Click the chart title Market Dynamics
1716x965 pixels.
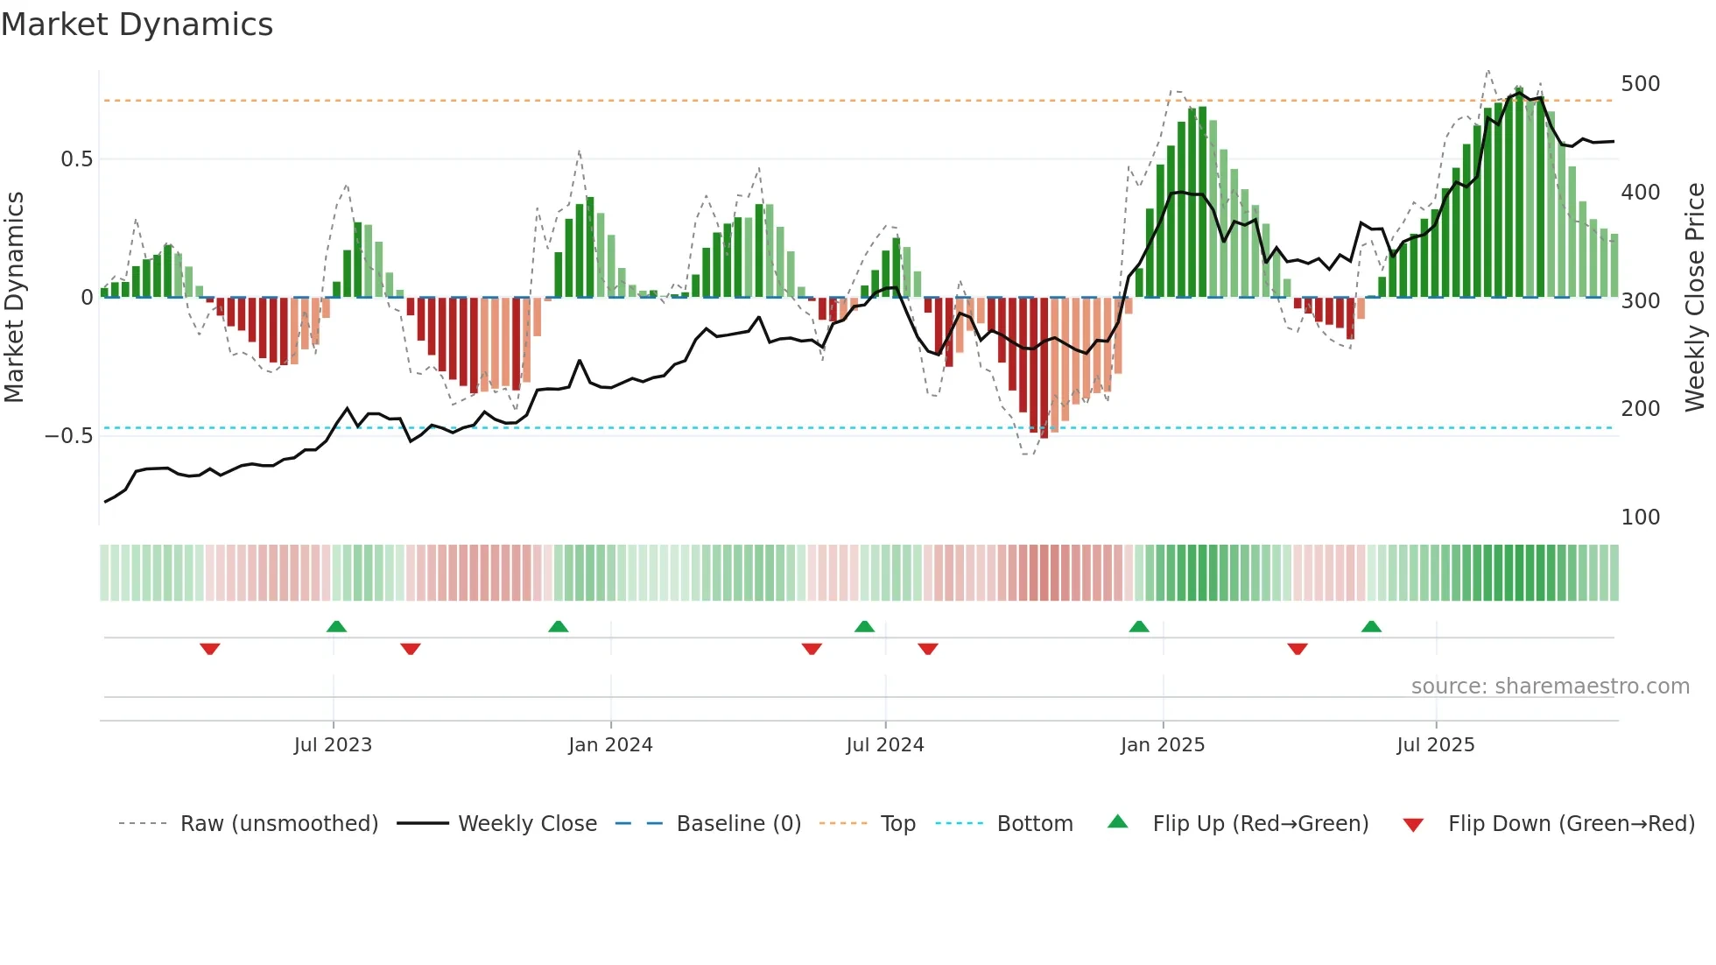137,25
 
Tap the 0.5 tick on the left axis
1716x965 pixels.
76,158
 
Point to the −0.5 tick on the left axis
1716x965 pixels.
68,435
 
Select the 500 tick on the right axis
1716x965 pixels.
1640,84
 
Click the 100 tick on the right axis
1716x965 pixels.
1640,518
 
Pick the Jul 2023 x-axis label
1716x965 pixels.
333,745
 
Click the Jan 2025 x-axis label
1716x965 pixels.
1162,745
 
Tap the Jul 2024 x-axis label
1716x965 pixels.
884,745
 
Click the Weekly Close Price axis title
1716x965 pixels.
1695,297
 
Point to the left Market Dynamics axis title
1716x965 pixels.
14,297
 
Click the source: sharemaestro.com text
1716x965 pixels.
1550,687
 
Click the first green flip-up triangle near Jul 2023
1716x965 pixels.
336,626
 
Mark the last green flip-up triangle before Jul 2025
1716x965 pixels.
1371,626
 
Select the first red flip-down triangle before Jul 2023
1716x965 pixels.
209,649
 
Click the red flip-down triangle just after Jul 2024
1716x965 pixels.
928,649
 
